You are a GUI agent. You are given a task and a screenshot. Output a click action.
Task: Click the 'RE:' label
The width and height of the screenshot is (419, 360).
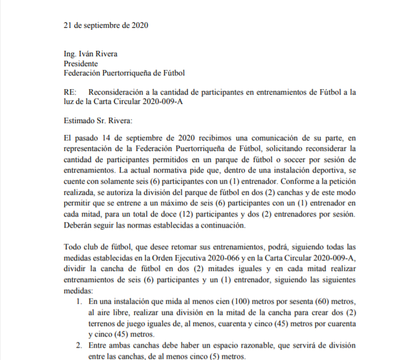point(70,92)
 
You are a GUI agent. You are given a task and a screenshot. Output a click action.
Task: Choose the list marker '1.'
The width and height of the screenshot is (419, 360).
point(78,301)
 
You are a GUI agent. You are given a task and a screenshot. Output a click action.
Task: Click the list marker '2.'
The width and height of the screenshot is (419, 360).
point(78,348)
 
